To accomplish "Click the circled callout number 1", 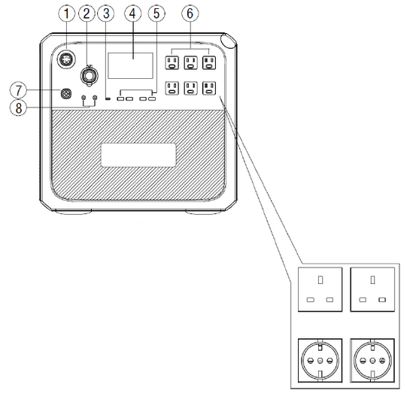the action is click(67, 14).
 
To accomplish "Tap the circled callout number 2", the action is click(87, 14).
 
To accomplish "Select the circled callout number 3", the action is click(106, 14).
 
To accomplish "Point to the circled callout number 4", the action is click(133, 14).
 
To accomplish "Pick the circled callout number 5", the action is click(156, 14).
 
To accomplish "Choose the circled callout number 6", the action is click(190, 14).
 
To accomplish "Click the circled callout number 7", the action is click(18, 90).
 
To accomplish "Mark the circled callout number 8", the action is click(18, 107).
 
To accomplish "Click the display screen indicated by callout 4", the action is click(130, 65).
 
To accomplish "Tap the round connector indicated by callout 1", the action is click(66, 59).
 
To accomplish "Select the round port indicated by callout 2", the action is click(90, 75).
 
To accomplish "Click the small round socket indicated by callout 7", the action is click(66, 93).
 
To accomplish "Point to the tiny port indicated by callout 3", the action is click(108, 98).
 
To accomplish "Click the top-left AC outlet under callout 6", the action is click(172, 62).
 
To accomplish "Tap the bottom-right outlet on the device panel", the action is click(209, 88).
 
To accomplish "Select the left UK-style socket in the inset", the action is click(320, 289).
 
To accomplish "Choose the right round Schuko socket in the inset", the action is click(372, 361).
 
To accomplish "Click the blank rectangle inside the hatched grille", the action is click(138, 155).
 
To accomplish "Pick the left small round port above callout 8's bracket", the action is click(84, 98).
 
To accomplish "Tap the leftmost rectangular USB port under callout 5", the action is click(120, 98).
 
